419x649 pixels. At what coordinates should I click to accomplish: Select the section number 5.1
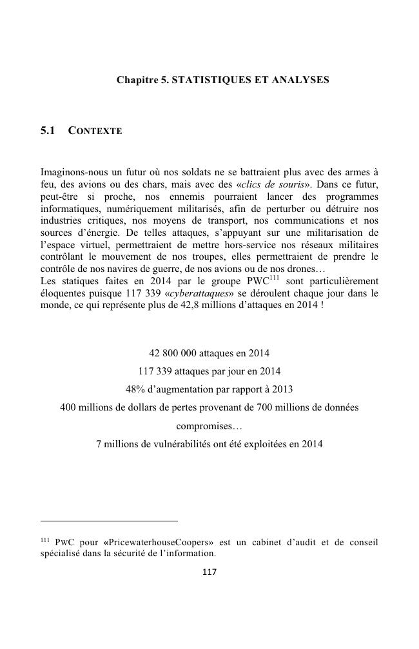pos(48,131)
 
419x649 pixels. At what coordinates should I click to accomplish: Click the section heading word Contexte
pos(95,131)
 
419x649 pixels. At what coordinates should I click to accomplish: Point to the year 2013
pos(283,390)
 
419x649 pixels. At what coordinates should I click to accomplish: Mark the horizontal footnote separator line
pos(108,520)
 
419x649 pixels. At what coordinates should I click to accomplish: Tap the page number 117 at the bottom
pos(209,572)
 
